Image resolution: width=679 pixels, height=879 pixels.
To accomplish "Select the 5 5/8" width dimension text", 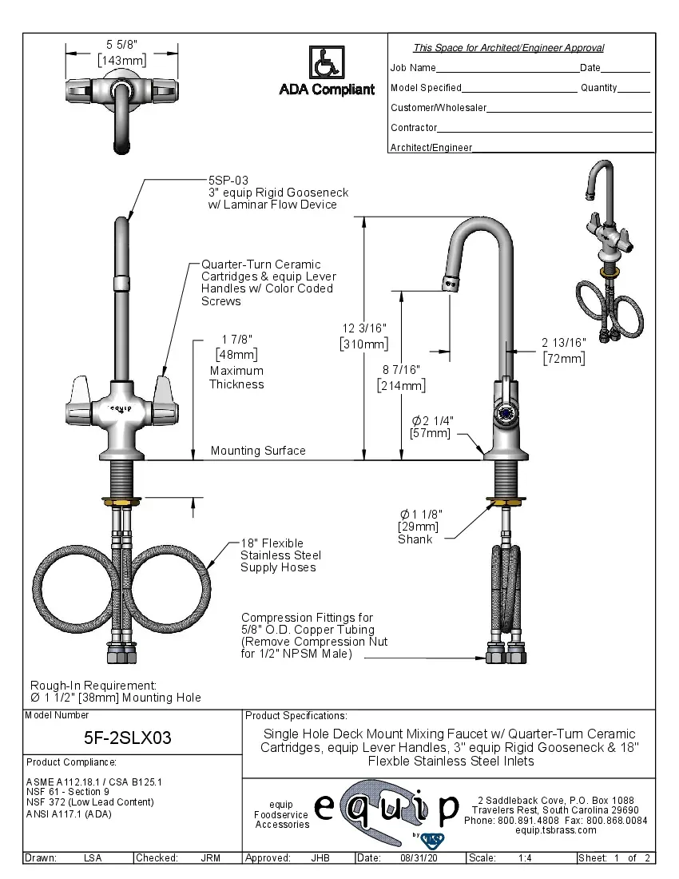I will click(121, 45).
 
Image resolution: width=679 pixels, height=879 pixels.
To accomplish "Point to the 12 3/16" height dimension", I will click(364, 328).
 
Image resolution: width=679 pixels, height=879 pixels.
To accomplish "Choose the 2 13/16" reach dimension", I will click(563, 342).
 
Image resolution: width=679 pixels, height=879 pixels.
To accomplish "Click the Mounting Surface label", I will click(258, 451).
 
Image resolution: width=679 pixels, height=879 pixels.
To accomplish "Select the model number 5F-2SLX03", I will click(128, 738).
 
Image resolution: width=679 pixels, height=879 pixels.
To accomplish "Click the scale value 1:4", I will click(526, 857).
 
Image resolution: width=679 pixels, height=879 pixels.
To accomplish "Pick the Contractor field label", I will click(414, 128).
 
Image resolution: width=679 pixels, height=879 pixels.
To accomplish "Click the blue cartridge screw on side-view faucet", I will click(505, 412).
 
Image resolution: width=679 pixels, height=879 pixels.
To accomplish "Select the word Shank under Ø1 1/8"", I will click(415, 539).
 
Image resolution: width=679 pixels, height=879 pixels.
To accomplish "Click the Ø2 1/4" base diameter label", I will click(431, 420).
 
